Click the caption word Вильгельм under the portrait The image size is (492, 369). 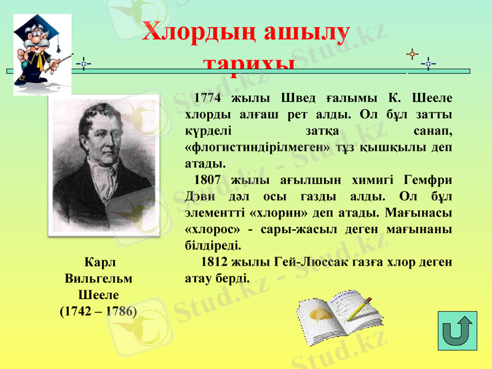coord(98,278)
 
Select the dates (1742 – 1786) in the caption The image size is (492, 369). coord(98,311)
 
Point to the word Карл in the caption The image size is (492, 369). coord(98,262)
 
